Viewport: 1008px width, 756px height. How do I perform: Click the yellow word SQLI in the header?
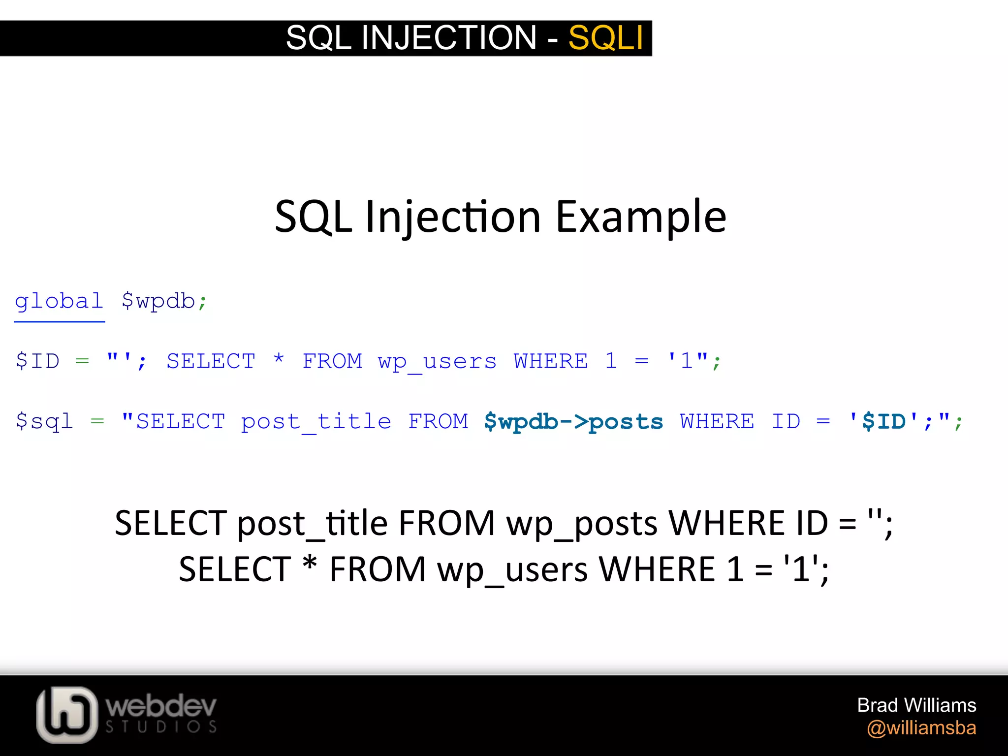[x=605, y=38]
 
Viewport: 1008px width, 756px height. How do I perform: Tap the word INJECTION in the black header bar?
[x=448, y=38]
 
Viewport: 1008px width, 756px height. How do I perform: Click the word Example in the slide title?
[x=641, y=217]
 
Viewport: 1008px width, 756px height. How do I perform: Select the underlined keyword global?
[x=59, y=301]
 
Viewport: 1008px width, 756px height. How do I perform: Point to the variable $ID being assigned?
[x=37, y=361]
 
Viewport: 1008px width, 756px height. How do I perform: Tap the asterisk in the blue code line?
[x=279, y=359]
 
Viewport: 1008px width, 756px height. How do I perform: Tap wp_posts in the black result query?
[x=582, y=524]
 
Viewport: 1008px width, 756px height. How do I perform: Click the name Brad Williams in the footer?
[x=916, y=705]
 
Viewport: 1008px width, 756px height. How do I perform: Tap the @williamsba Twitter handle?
[x=921, y=728]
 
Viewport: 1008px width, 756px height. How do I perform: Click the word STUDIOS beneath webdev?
[x=161, y=727]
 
